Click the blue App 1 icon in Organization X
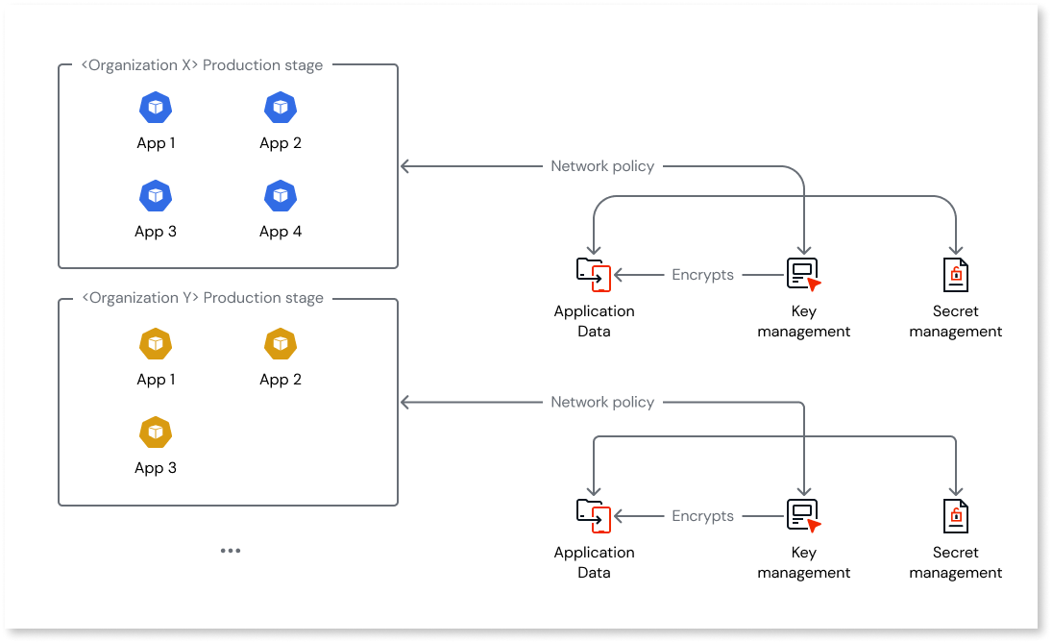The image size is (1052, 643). tap(155, 108)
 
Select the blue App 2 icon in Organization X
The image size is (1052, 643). tap(280, 108)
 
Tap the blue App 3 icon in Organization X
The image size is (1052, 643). tap(155, 196)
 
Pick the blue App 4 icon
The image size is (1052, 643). tap(280, 196)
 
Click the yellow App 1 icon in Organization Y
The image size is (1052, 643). tap(155, 344)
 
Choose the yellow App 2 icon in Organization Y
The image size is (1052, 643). tap(280, 344)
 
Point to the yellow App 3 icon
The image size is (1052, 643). tap(155, 433)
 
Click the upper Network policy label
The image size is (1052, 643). tap(602, 166)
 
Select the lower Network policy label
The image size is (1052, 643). tap(602, 402)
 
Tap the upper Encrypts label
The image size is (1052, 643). tap(702, 275)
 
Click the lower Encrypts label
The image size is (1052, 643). tap(702, 516)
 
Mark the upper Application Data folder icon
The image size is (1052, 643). tap(593, 275)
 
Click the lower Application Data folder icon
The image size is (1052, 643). tap(593, 516)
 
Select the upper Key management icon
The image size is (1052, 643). tap(803, 275)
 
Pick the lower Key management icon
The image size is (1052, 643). tap(803, 516)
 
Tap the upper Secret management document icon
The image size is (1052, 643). tap(955, 275)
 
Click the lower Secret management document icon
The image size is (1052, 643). tap(955, 516)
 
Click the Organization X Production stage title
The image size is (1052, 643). tap(202, 65)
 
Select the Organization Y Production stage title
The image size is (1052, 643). tap(202, 298)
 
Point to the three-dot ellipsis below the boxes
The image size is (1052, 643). tap(230, 551)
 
